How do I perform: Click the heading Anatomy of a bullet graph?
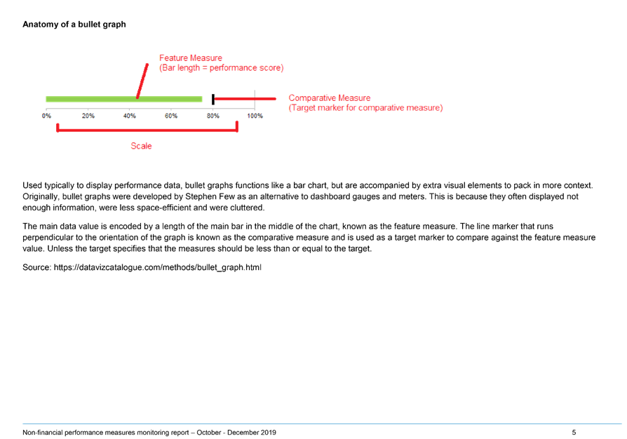click(x=74, y=25)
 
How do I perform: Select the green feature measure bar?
click(x=124, y=99)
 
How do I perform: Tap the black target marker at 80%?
click(x=213, y=99)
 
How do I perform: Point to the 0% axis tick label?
click(x=46, y=116)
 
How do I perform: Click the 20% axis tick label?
click(x=88, y=116)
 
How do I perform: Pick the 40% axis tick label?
click(x=130, y=116)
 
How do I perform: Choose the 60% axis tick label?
click(x=171, y=116)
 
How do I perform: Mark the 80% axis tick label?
click(x=213, y=116)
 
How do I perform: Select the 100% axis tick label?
click(x=255, y=116)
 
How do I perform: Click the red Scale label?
click(x=141, y=146)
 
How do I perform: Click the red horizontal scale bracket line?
click(x=147, y=130)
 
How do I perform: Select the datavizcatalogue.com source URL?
click(x=158, y=267)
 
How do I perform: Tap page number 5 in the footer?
click(x=574, y=432)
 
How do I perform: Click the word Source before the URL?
click(x=36, y=267)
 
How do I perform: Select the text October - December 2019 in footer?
click(x=236, y=432)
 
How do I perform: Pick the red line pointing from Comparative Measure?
click(x=245, y=99)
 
